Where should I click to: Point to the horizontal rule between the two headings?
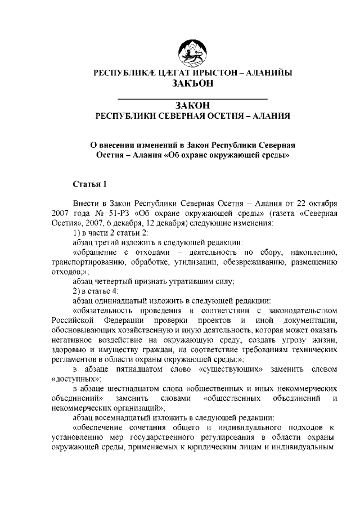point(191,98)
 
